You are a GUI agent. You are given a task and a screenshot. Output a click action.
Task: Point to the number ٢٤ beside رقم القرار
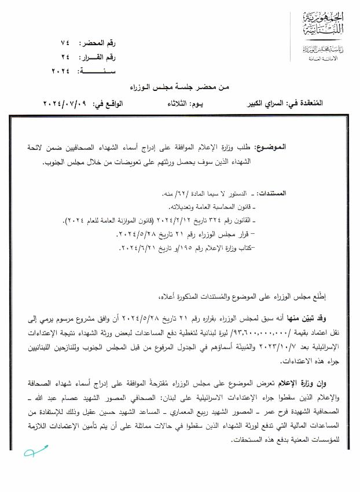pyautogui.click(x=65, y=57)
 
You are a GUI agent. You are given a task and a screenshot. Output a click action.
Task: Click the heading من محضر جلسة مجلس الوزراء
pyautogui.click(x=181, y=86)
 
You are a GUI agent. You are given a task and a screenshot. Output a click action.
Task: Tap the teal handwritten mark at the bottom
pyautogui.click(x=35, y=453)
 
